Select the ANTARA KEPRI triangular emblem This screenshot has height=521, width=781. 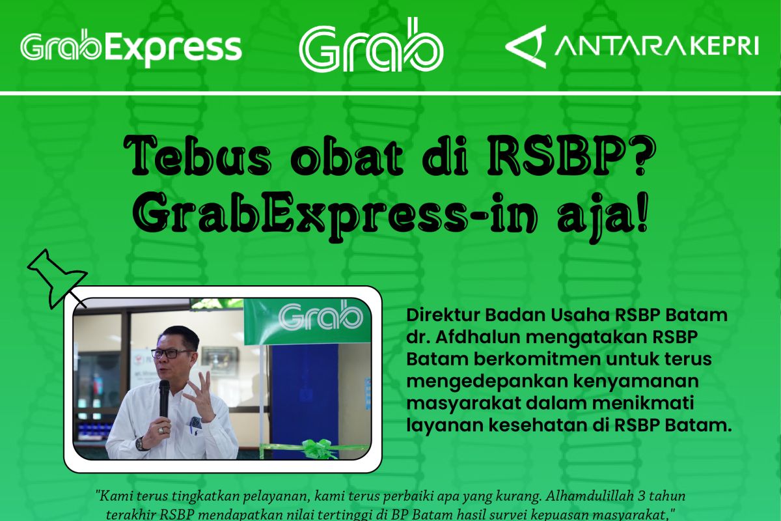point(525,46)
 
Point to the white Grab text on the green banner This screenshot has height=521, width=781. point(320,317)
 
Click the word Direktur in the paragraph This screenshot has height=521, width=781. point(435,315)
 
